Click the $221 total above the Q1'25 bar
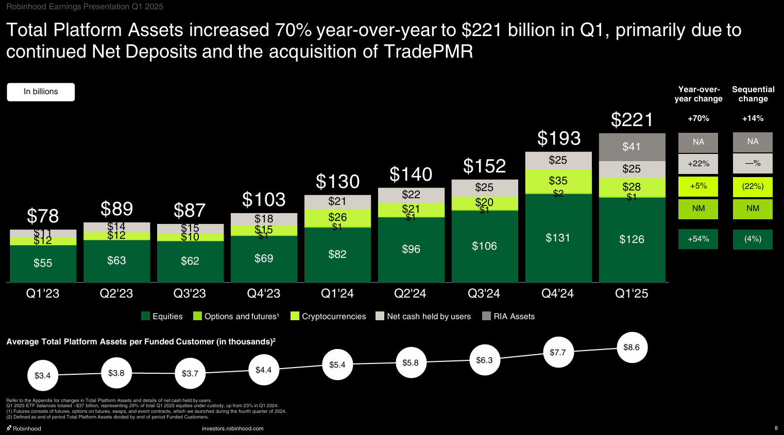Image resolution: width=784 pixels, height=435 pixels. tap(632, 120)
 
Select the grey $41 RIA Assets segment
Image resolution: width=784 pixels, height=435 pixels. tap(632, 147)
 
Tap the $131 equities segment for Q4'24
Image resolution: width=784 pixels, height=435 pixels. tap(558, 238)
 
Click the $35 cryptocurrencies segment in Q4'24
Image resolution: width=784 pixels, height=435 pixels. tap(558, 180)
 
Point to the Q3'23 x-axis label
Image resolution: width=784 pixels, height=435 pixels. tap(190, 293)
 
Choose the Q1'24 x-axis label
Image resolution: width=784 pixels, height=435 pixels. tap(337, 293)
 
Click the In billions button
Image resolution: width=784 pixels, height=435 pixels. tap(41, 92)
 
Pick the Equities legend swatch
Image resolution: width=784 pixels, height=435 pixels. tap(146, 316)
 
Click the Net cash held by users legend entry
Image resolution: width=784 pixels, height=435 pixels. tap(423, 316)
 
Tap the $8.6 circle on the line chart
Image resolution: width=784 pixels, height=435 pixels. tap(632, 347)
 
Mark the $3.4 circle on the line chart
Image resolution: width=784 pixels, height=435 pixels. tap(42, 376)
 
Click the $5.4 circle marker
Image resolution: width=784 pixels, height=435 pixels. tap(337, 365)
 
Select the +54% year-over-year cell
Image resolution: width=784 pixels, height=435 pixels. tap(698, 239)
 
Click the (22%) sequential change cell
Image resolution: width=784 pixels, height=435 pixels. tap(753, 186)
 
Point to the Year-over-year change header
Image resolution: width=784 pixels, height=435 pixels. tap(698, 94)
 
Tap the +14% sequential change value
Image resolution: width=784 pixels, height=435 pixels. tap(753, 118)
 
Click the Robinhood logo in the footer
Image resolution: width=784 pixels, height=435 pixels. tap(24, 428)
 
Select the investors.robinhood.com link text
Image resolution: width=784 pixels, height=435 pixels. tap(232, 428)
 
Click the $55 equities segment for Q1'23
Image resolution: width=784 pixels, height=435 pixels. tap(43, 263)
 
